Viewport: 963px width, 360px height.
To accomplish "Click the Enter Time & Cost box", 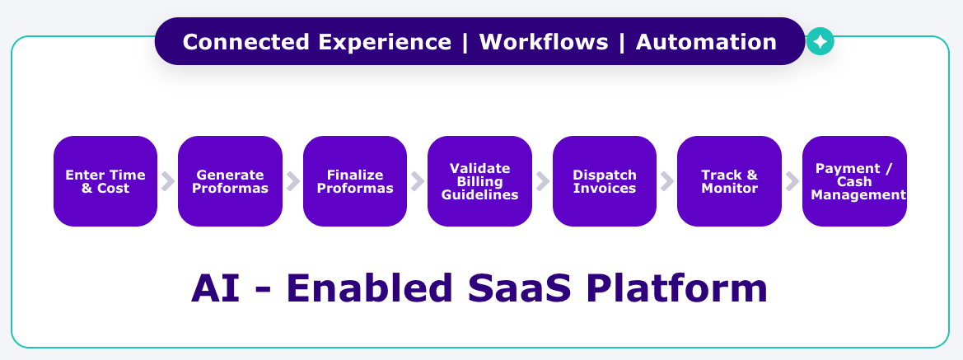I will pos(105,181).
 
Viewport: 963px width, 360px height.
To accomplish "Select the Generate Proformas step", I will pos(230,181).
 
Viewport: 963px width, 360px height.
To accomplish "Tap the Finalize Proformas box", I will pos(355,181).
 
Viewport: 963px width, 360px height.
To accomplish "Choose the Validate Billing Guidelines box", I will pos(479,181).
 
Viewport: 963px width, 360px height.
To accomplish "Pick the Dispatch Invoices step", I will pos(605,181).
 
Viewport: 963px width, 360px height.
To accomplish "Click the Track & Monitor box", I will pos(729,181).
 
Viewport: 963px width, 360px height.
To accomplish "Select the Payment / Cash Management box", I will pos(854,181).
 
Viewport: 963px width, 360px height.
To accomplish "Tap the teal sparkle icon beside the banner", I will pos(820,41).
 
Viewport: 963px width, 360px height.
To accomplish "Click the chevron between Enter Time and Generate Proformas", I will pos(168,181).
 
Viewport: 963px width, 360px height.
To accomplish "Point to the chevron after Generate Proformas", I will pos(292,181).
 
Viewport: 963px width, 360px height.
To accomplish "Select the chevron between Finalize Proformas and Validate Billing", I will pos(418,181).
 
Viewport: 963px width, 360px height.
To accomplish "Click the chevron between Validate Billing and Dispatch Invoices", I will pos(542,181).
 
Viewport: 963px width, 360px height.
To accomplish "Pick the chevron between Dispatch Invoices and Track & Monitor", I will pos(667,181).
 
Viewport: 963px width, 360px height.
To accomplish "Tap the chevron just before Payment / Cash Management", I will pos(792,181).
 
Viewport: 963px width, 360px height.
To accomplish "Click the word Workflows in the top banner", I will pos(543,42).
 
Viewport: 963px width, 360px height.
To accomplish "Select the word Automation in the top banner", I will pos(706,42).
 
